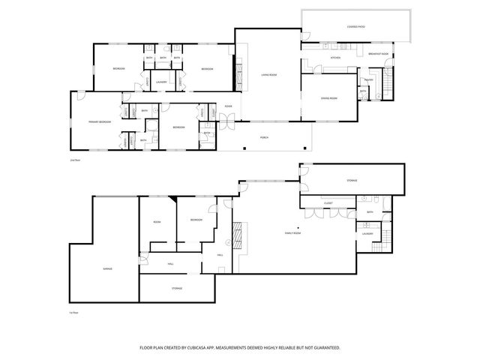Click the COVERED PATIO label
[356, 27]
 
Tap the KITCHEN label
[335, 57]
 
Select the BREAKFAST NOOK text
[379, 54]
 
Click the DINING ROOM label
[328, 98]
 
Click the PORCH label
[265, 137]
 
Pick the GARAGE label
[97, 268]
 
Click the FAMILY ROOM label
[292, 234]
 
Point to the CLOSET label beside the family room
[328, 202]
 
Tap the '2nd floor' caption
[73, 160]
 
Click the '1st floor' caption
[73, 312]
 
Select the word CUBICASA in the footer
[190, 348]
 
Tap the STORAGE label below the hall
[177, 288]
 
